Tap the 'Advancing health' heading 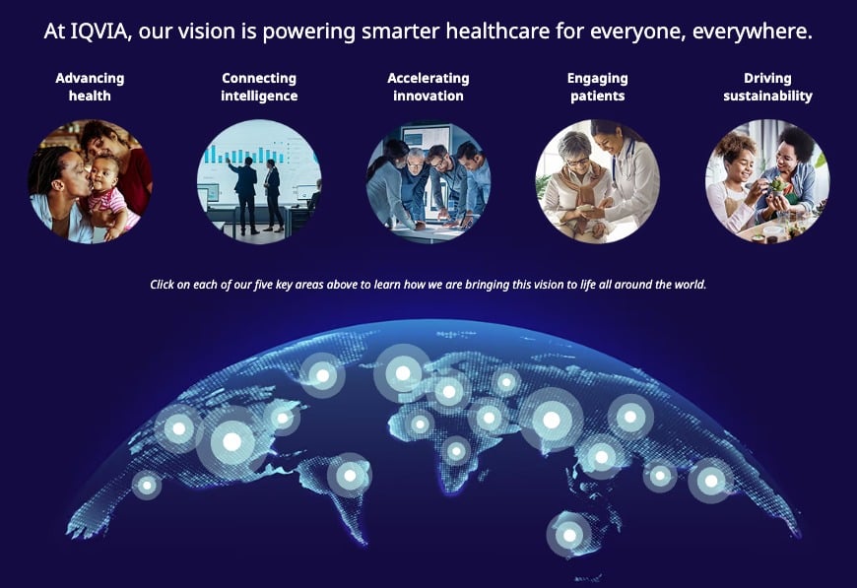click(x=90, y=87)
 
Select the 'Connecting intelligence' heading click(x=259, y=87)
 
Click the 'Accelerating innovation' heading click(x=428, y=87)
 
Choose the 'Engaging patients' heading click(x=597, y=87)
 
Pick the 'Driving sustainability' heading click(x=767, y=87)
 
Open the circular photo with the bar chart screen click(x=259, y=181)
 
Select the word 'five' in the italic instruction click(x=263, y=285)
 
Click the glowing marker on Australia click(x=569, y=535)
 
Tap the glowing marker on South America click(x=350, y=476)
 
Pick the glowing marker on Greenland click(x=322, y=376)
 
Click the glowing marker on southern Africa click(x=456, y=451)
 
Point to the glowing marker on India click(x=552, y=420)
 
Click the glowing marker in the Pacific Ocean click(x=147, y=486)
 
